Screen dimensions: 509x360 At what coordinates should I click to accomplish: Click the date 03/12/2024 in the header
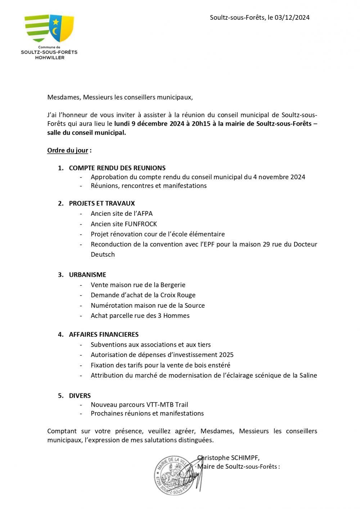[292, 17]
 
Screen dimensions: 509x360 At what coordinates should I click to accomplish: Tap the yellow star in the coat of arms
[55, 22]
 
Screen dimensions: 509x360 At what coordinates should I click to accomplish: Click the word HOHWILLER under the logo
[50, 58]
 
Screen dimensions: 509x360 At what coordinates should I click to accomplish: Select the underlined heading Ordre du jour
[68, 150]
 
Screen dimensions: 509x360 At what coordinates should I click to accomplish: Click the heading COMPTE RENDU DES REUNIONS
[117, 168]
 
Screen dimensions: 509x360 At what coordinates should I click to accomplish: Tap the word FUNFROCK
[141, 224]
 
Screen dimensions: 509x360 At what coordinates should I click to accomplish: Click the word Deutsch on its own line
[103, 254]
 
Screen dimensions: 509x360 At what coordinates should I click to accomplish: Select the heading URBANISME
[87, 275]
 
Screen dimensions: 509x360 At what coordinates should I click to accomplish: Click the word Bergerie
[173, 285]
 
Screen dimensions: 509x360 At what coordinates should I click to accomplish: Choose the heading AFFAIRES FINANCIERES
[104, 334]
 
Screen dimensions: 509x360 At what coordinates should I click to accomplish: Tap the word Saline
[307, 375]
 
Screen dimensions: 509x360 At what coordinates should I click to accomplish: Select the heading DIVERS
[80, 396]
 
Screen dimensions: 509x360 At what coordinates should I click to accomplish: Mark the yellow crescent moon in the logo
[55, 32]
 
